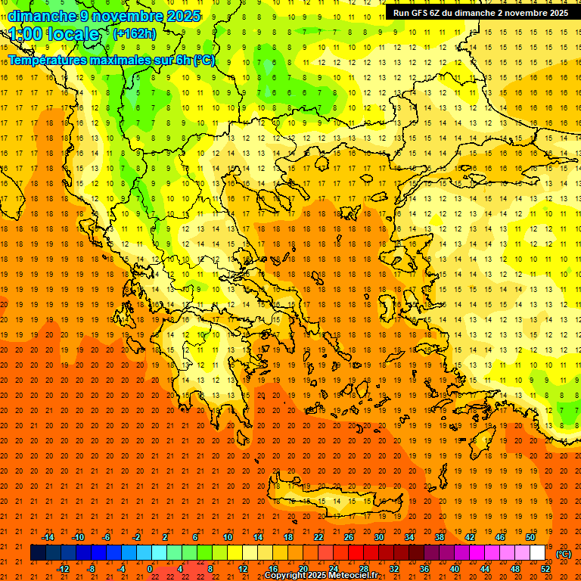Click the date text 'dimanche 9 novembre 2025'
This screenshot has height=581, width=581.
click(x=104, y=16)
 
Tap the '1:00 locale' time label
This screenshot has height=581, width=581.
click(x=54, y=34)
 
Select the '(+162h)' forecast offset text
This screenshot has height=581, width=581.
click(x=135, y=33)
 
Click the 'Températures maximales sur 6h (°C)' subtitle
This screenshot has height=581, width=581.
click(x=111, y=60)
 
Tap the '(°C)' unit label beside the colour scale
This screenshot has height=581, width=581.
click(x=564, y=554)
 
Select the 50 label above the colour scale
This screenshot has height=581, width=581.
click(x=530, y=537)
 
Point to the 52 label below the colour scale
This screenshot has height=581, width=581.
click(x=545, y=569)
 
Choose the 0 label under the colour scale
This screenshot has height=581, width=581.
click(x=150, y=569)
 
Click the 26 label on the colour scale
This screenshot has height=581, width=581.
click(x=349, y=537)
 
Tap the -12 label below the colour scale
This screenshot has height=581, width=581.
click(x=63, y=569)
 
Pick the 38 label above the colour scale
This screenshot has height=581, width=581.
click(x=440, y=537)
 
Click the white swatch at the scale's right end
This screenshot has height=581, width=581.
click(x=538, y=553)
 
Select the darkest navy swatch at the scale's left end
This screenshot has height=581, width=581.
click(x=38, y=553)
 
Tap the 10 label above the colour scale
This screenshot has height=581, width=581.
click(x=228, y=537)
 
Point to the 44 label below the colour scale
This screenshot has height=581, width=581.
click(x=485, y=569)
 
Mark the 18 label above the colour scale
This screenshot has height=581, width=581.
click(x=288, y=537)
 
